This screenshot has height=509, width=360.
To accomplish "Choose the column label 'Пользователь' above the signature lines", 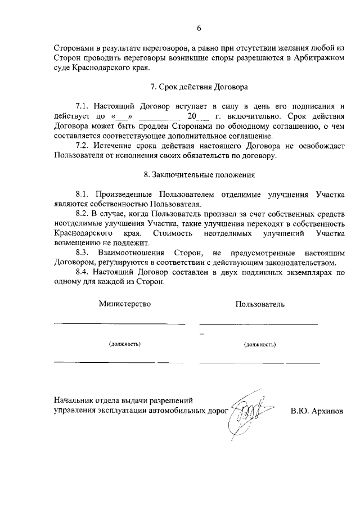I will click(260, 304).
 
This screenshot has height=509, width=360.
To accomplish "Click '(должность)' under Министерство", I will click(125, 343).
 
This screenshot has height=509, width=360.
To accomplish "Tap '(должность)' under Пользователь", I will click(260, 343).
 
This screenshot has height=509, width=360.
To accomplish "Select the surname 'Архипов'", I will click(328, 411).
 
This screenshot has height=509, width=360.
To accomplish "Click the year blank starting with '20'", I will click(199, 116).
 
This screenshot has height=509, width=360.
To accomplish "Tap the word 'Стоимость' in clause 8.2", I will click(170, 233).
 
